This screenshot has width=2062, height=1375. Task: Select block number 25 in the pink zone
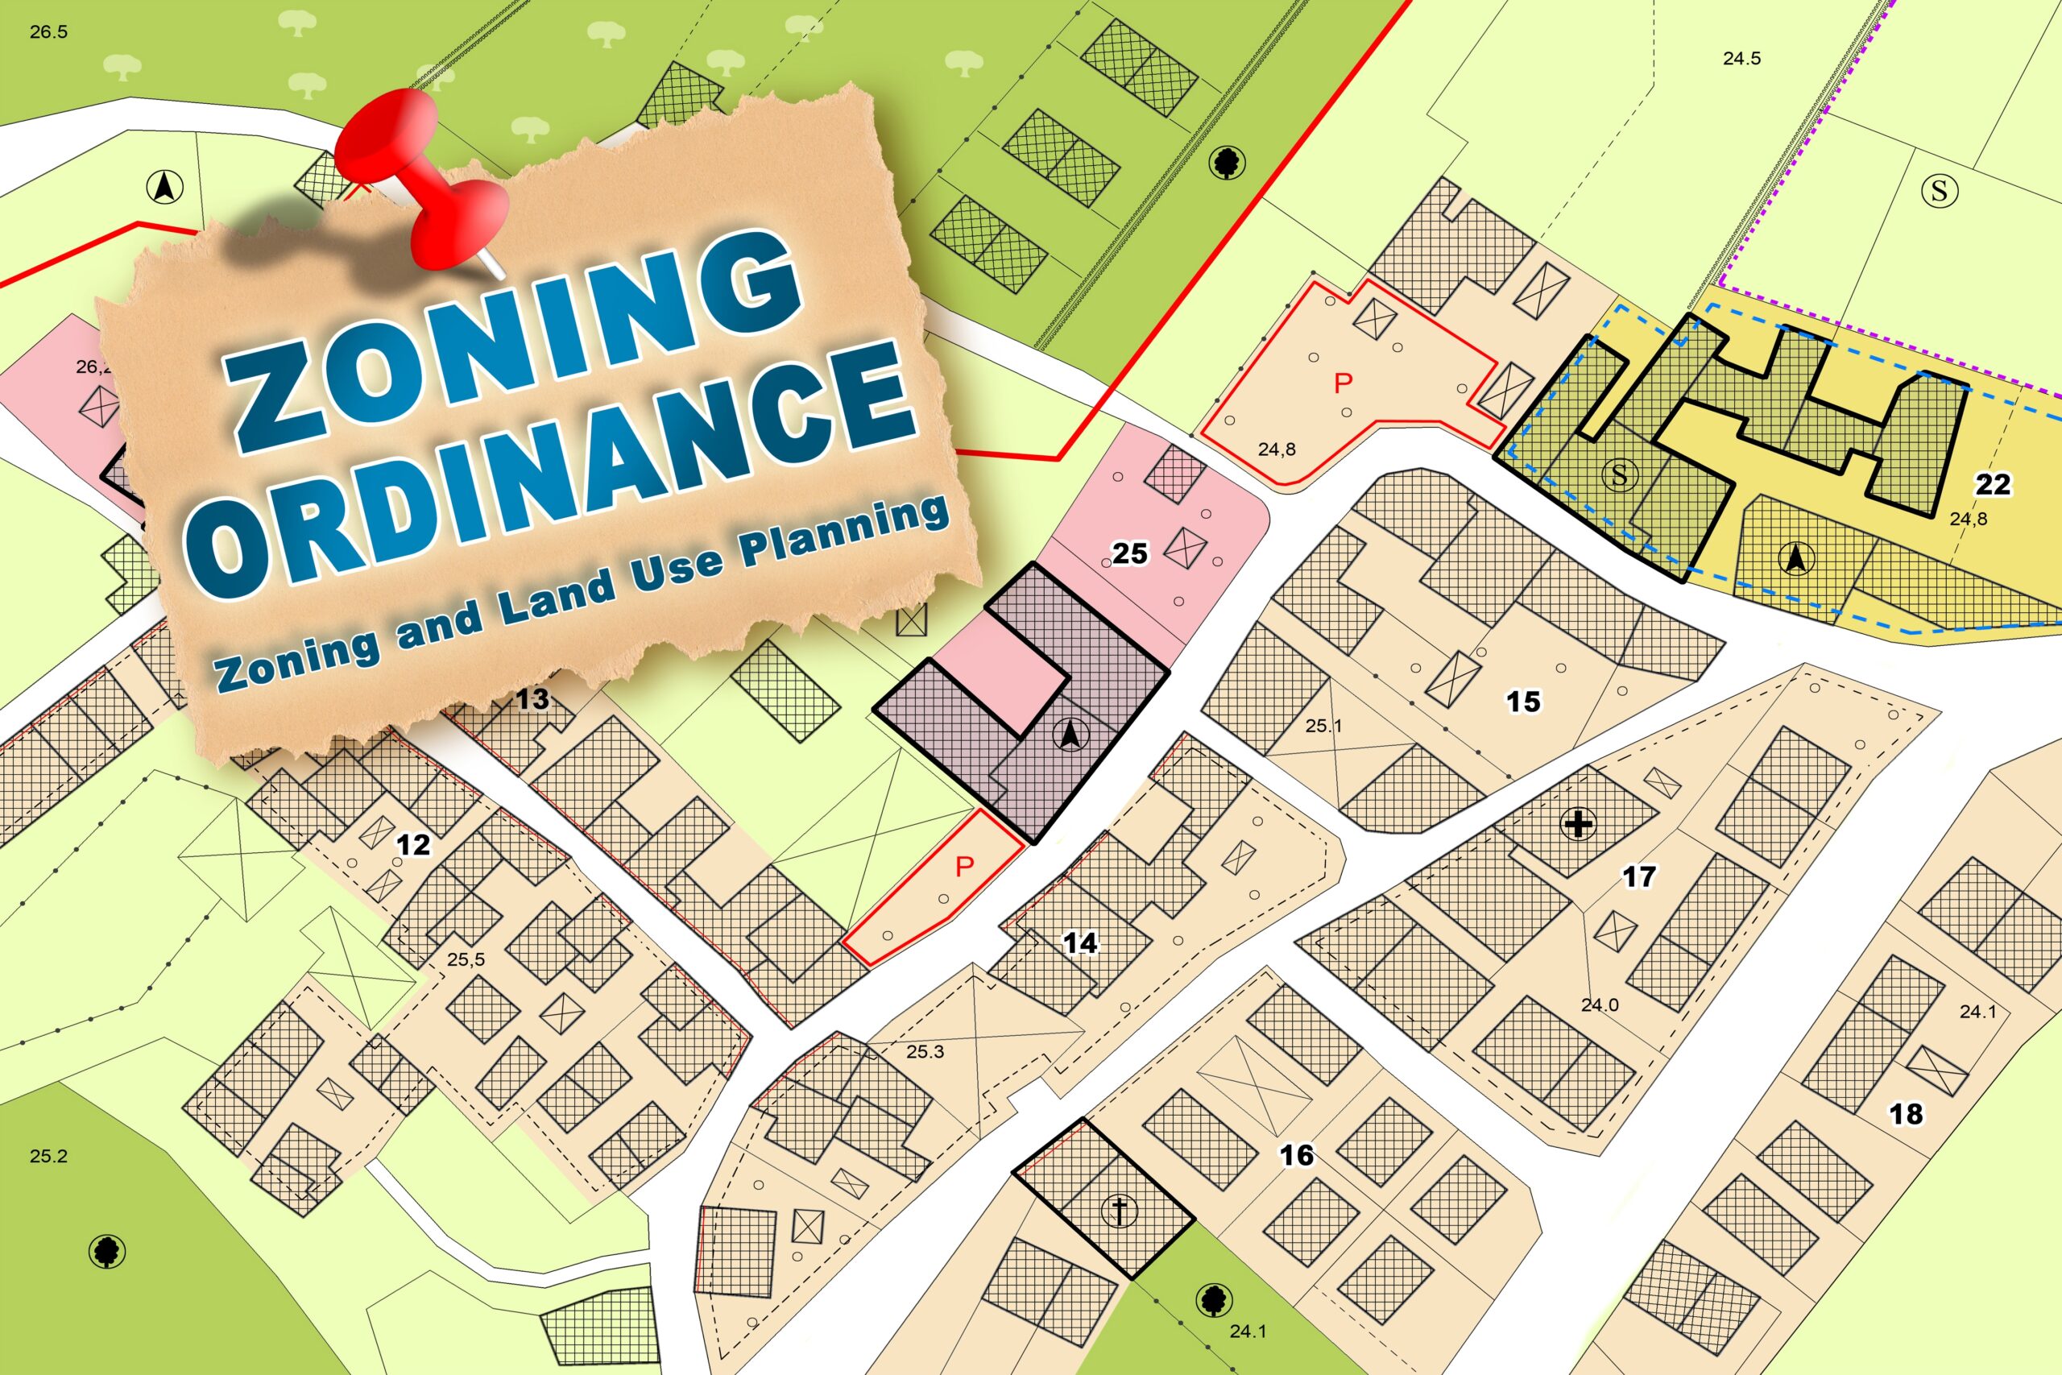(x=1129, y=553)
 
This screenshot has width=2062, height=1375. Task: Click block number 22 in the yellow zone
(x=1993, y=484)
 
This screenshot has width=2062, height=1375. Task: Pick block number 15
(x=1524, y=702)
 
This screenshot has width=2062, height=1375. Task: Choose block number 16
(x=1296, y=1155)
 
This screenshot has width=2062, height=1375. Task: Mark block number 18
(x=1906, y=1114)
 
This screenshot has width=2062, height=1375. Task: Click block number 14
(x=1080, y=942)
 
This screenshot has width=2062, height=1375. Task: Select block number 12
(x=413, y=844)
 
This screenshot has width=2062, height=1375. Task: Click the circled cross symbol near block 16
(x=1120, y=1211)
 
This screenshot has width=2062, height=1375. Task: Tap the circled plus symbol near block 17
(x=1578, y=824)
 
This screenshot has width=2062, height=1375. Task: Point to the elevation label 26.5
(x=48, y=32)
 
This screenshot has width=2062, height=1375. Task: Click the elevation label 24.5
(x=1741, y=59)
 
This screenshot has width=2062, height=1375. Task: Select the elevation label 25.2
(x=48, y=1156)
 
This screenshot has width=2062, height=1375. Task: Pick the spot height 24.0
(x=1599, y=1005)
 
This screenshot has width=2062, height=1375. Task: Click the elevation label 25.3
(x=925, y=1051)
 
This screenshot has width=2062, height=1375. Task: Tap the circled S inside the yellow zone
(x=1619, y=475)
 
